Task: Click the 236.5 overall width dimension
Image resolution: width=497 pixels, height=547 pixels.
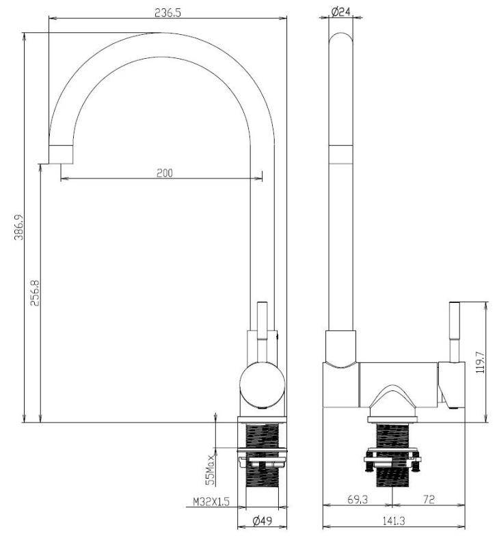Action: pos(167,13)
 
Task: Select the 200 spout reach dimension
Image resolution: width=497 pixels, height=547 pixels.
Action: pos(164,173)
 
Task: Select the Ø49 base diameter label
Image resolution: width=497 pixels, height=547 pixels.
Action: pos(262,521)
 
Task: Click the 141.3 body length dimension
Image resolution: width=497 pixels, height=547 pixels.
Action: pos(392,521)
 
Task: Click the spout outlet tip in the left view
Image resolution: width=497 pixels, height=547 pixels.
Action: pos(61,155)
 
